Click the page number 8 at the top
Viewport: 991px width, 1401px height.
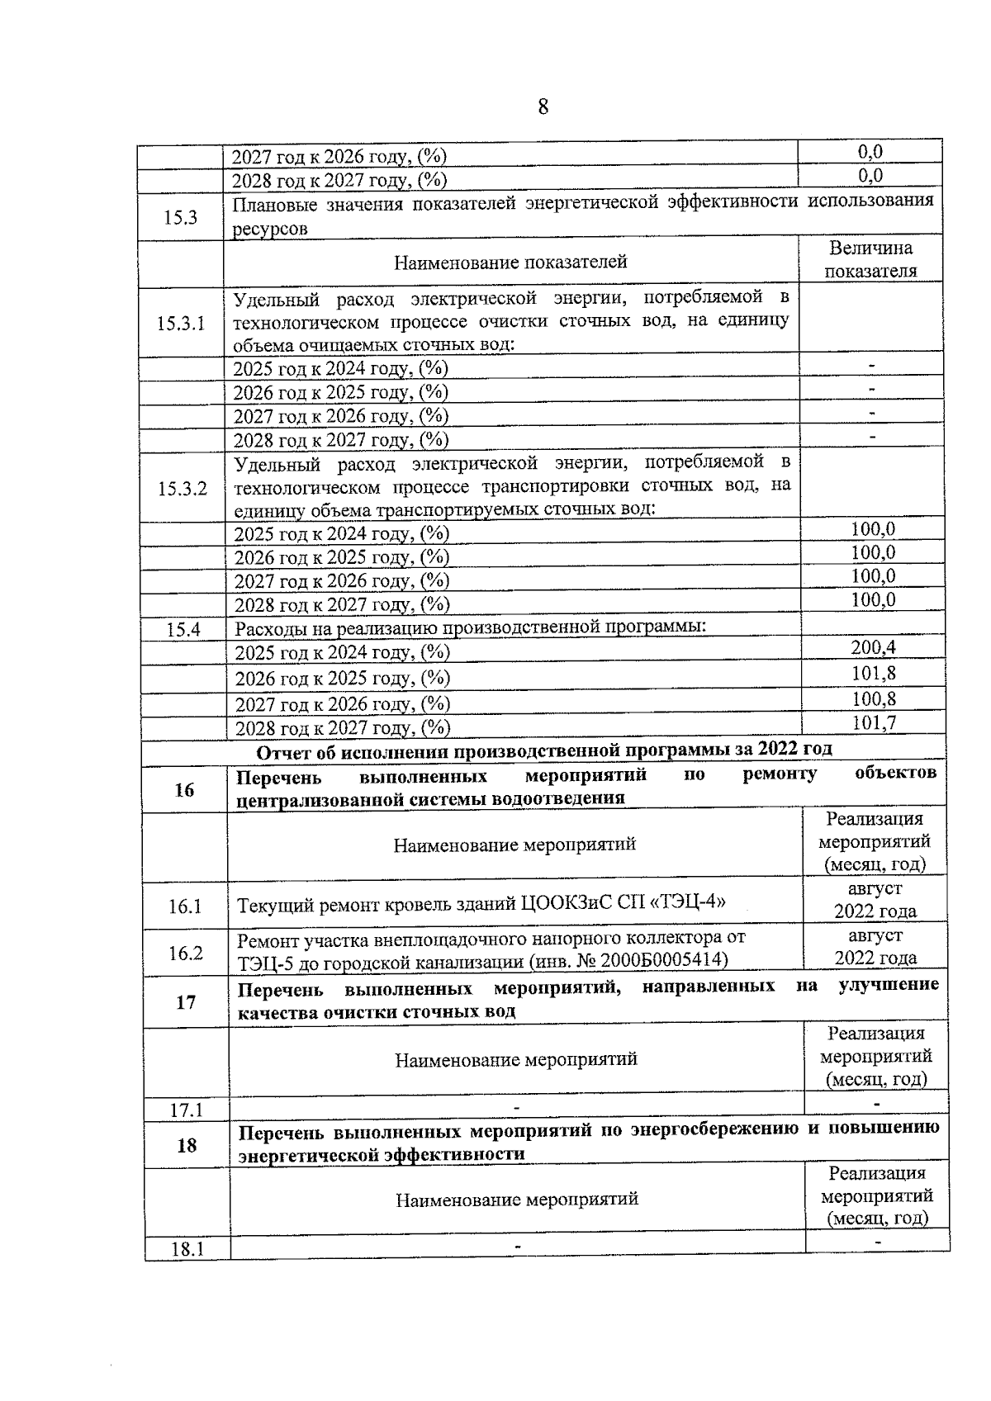(x=543, y=107)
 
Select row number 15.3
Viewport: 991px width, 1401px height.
(x=180, y=218)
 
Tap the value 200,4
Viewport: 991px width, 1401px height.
(x=874, y=648)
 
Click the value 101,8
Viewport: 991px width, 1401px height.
(x=874, y=674)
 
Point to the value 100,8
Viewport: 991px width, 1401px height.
(x=874, y=699)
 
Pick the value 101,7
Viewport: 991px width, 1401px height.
(x=874, y=723)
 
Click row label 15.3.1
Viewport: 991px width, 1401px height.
(x=181, y=323)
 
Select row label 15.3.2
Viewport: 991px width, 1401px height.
(x=183, y=488)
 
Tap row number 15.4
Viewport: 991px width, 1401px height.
(x=183, y=629)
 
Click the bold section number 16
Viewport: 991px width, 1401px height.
(x=184, y=790)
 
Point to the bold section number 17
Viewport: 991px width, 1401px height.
(x=186, y=1002)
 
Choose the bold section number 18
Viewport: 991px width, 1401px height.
(x=187, y=1145)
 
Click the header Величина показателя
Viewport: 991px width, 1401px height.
(x=870, y=260)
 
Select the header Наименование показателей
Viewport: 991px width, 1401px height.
(x=510, y=263)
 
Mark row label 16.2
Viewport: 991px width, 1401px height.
(x=186, y=953)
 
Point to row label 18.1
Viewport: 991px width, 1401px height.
(x=187, y=1249)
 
